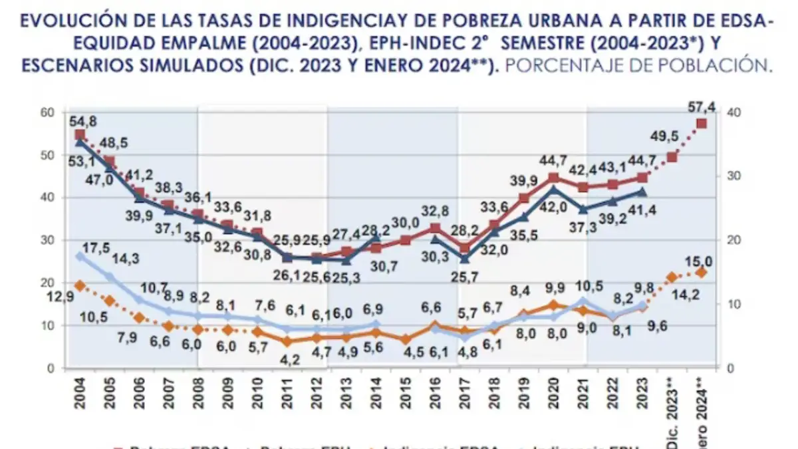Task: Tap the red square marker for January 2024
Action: click(701, 124)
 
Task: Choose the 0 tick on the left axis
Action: click(50, 368)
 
